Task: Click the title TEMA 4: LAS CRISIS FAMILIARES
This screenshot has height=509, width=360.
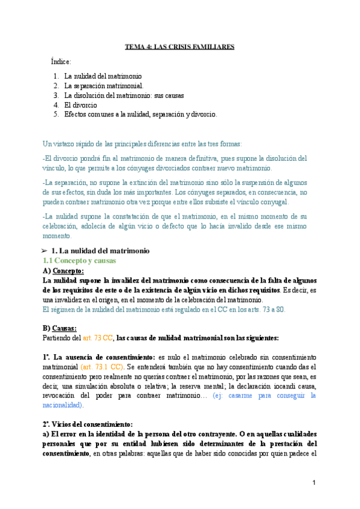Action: tap(179, 46)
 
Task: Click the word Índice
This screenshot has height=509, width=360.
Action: tap(61, 62)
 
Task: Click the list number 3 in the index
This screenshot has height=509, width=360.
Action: tap(55, 95)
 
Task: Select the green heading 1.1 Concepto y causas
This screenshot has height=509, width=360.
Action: tap(79, 261)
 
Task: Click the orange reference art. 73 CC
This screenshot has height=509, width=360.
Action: tap(98, 338)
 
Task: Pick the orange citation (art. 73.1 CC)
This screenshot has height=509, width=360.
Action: tap(102, 367)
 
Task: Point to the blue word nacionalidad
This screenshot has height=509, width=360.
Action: tap(64, 405)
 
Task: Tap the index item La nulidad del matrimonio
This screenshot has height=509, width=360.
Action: tap(103, 76)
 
